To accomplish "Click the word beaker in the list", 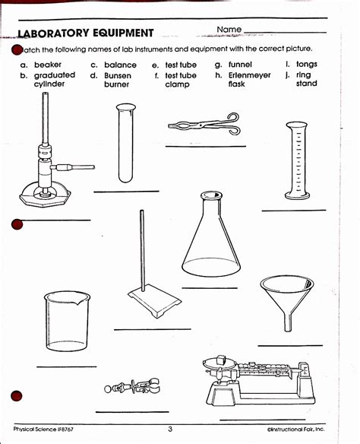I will [48, 65].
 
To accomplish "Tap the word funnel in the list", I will [240, 65].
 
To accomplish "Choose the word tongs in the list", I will [307, 65].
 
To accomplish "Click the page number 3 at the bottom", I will [170, 430].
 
